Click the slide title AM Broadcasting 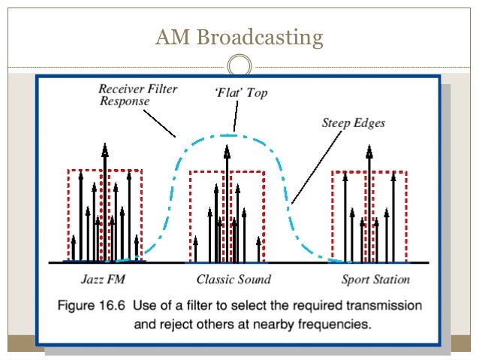pyautogui.click(x=239, y=37)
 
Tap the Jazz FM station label pyautogui.click(x=102, y=280)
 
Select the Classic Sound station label pyautogui.click(x=233, y=280)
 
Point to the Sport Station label pyautogui.click(x=376, y=280)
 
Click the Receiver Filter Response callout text pyautogui.click(x=138, y=95)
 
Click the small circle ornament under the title pyautogui.click(x=239, y=64)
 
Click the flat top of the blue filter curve pyautogui.click(x=234, y=135)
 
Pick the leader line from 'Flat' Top pyautogui.click(x=235, y=117)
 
